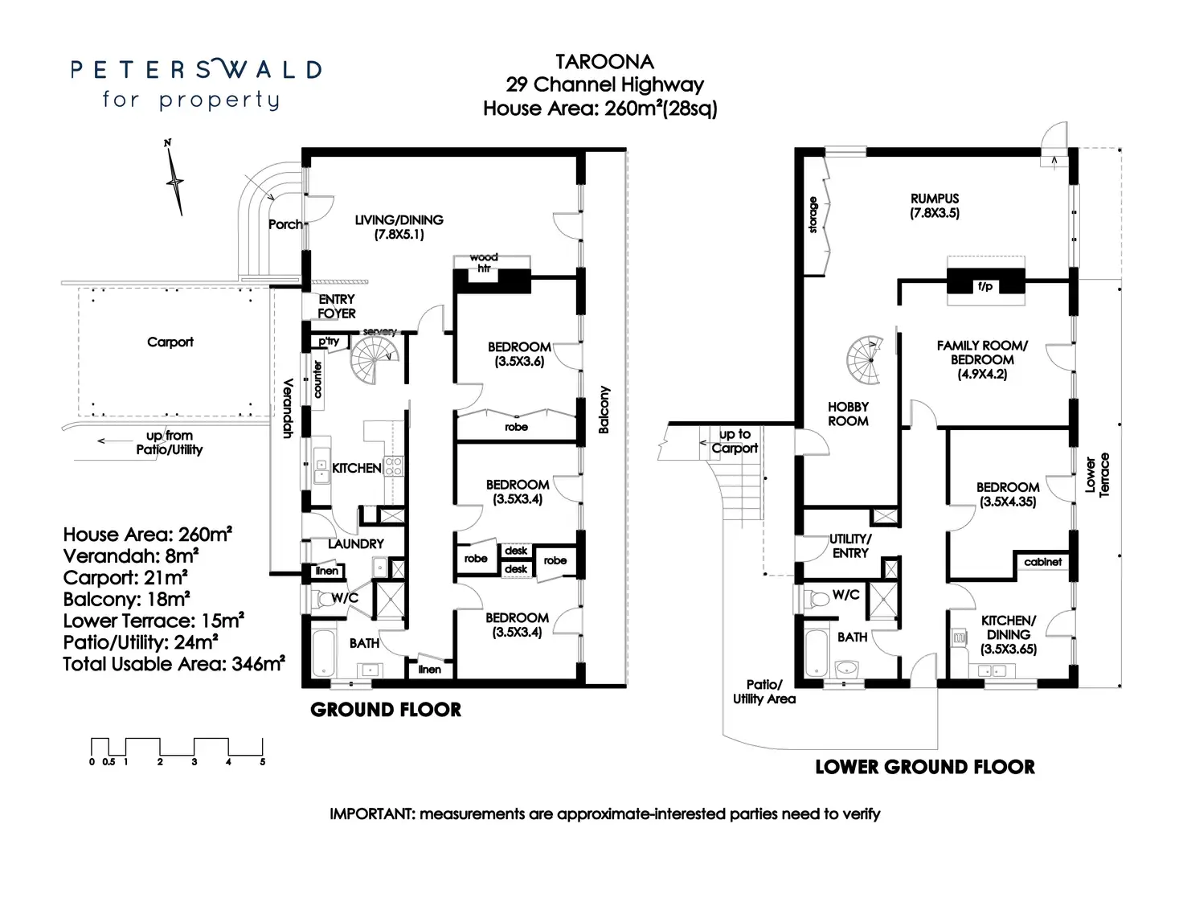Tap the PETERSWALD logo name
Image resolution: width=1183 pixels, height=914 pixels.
click(196, 70)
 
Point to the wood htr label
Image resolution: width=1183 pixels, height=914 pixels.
click(484, 263)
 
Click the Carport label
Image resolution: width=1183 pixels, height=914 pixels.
click(170, 342)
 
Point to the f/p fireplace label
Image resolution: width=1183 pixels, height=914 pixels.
click(985, 286)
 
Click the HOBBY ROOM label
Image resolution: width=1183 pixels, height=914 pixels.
click(848, 413)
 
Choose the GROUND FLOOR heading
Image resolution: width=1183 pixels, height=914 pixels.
click(386, 710)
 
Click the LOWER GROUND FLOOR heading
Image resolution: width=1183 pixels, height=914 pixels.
click(925, 767)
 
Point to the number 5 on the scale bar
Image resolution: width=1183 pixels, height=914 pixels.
click(263, 762)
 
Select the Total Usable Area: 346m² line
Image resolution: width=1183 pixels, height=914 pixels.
click(174, 664)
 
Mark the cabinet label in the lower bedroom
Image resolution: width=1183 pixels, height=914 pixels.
click(1042, 562)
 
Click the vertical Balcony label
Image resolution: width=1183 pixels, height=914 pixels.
click(604, 409)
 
